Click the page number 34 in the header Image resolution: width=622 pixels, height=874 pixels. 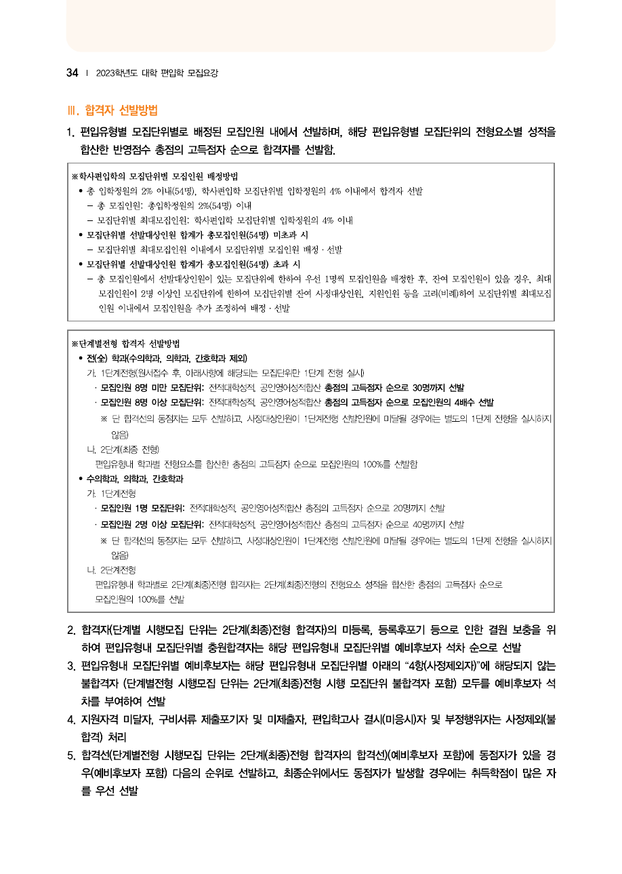(72, 73)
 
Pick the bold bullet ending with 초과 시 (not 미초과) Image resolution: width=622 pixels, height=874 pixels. (190, 264)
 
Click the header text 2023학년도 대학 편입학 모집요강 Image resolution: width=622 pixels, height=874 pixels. (157, 73)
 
